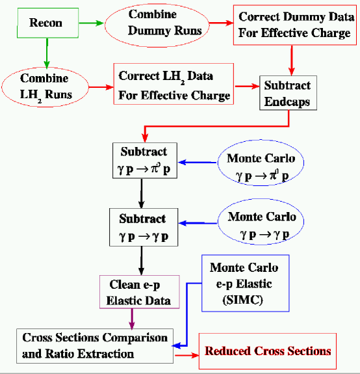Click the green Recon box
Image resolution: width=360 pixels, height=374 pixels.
46,23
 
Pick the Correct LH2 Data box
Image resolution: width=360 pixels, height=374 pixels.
174,85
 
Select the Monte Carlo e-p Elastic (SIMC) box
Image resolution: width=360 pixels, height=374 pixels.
244,282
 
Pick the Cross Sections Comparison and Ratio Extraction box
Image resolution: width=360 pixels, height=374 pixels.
95,345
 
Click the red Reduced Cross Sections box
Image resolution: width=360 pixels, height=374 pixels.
268,351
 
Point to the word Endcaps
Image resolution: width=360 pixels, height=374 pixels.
289,101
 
